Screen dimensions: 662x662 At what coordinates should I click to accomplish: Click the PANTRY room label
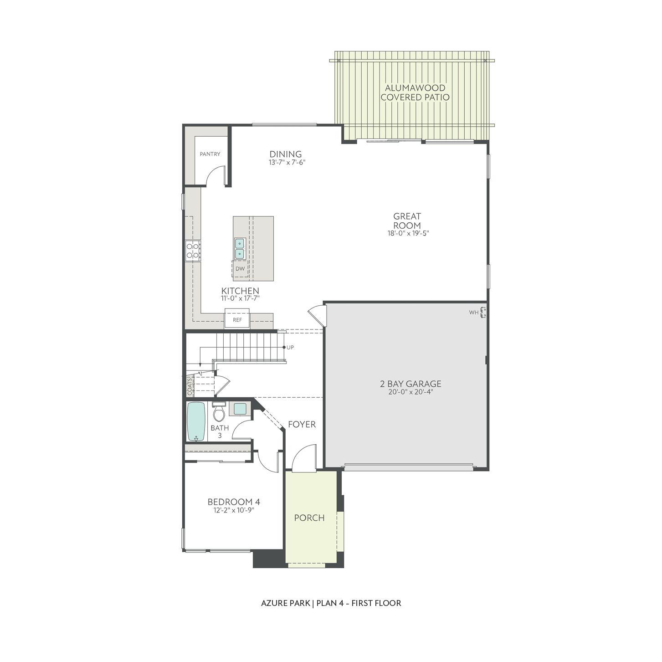pyautogui.click(x=210, y=154)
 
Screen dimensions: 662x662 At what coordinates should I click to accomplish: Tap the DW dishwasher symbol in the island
pyautogui.click(x=240, y=269)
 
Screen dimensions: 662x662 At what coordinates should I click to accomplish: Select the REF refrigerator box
pyautogui.click(x=237, y=319)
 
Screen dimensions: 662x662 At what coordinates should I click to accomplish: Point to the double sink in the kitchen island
pyautogui.click(x=240, y=249)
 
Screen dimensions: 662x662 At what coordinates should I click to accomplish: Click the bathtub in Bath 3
pyautogui.click(x=196, y=421)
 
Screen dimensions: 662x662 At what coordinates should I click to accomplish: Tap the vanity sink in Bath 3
pyautogui.click(x=240, y=409)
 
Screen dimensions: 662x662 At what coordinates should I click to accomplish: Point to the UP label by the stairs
pyautogui.click(x=290, y=348)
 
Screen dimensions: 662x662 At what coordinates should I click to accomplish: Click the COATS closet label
pyautogui.click(x=190, y=386)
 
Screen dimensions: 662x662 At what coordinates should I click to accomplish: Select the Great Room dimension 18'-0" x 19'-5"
pyautogui.click(x=407, y=233)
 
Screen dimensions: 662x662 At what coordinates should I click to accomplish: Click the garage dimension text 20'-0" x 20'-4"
pyautogui.click(x=411, y=392)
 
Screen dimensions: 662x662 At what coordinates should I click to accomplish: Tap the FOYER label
pyautogui.click(x=302, y=425)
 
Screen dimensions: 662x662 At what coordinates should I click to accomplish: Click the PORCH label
pyautogui.click(x=309, y=518)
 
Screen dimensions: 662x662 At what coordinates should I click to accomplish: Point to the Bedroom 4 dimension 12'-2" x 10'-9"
pyautogui.click(x=234, y=510)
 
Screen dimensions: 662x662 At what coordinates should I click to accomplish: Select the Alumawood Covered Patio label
pyautogui.click(x=415, y=92)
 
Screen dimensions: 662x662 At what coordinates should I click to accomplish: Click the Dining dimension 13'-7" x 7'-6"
pyautogui.click(x=286, y=162)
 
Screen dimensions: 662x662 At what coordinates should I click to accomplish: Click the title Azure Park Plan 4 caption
pyautogui.click(x=331, y=603)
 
